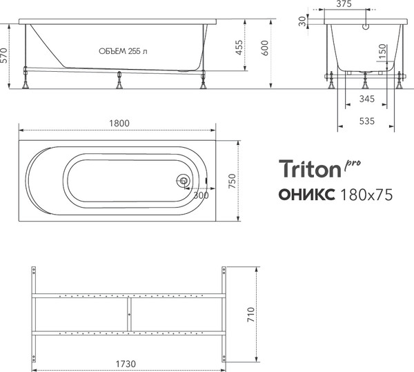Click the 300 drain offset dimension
click(201, 196)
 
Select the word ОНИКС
click(308, 195)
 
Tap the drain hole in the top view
click(183, 182)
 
